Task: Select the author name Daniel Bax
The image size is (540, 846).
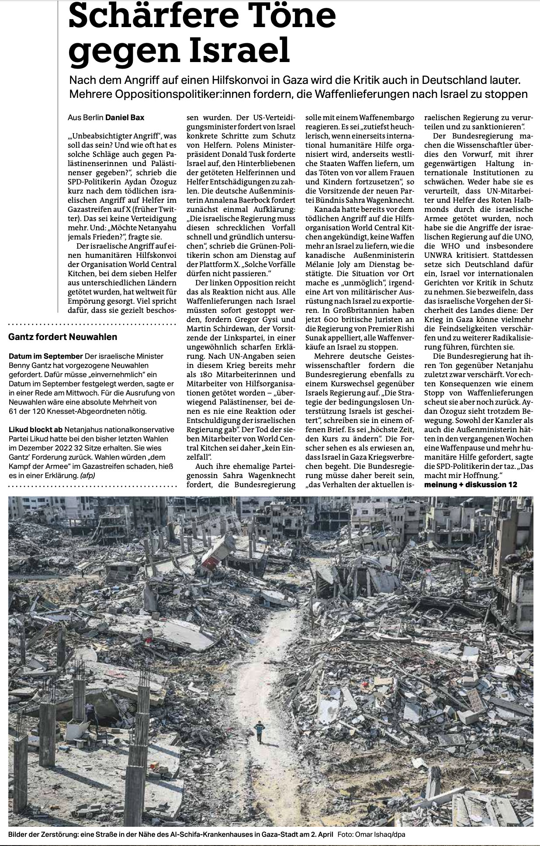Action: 125,117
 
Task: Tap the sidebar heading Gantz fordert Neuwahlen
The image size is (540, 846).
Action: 63,337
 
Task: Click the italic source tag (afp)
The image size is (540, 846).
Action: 87,475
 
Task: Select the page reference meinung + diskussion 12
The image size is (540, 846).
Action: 471,485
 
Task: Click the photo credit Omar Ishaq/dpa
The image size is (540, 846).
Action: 380,835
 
